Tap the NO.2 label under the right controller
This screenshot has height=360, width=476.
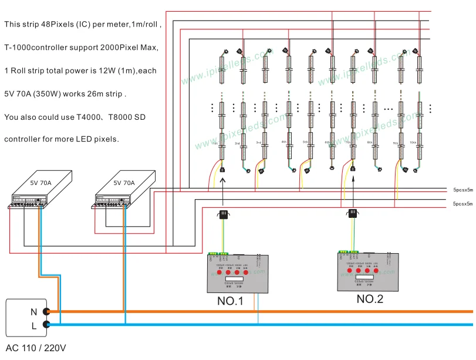click(370, 299)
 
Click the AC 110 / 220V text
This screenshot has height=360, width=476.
click(35, 348)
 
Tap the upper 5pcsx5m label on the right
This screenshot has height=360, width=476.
click(463, 190)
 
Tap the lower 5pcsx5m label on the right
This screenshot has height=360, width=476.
click(463, 203)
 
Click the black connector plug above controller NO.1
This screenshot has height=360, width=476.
click(223, 215)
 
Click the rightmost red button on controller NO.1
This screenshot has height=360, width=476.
click(245, 272)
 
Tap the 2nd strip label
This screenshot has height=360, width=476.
click(237, 143)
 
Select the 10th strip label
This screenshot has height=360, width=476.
click(413, 143)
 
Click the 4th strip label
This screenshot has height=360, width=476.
click(283, 142)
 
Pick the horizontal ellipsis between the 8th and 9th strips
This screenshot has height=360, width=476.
click(388, 109)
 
